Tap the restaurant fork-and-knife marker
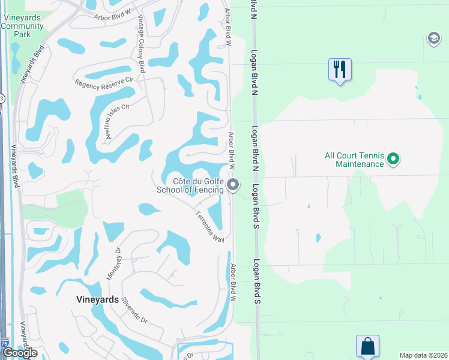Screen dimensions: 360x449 click(340, 70)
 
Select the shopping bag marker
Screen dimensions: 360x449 click(367, 347)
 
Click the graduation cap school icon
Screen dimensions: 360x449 click(433, 39)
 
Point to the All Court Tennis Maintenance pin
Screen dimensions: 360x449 click(394, 159)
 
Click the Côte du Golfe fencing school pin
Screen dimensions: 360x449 click(233, 185)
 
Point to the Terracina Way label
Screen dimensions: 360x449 click(209, 227)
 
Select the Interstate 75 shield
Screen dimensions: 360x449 click(5, 343)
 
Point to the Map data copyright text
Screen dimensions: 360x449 click(424, 355)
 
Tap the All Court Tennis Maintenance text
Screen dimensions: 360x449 click(354, 160)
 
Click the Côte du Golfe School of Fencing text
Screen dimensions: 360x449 click(190, 185)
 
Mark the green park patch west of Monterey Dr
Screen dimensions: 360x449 click(72, 208)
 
